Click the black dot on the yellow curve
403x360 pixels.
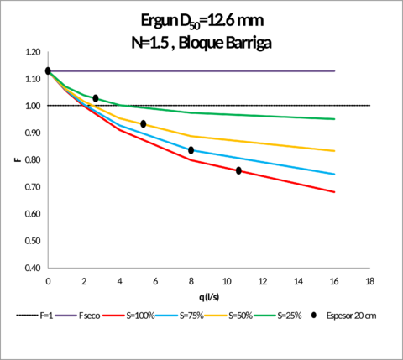[144, 124]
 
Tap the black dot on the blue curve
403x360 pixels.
[191, 150]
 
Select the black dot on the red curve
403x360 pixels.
[239, 171]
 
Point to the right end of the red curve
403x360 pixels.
[336, 192]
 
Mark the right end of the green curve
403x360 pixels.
[336, 119]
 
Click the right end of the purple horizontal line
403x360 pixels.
[336, 71]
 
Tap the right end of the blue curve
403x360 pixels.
[336, 174]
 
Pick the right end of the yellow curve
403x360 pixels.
[336, 151]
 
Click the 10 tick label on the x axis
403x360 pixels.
[228, 280]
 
